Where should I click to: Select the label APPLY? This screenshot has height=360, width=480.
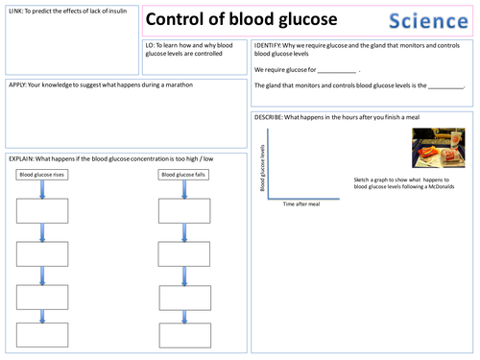click(17, 84)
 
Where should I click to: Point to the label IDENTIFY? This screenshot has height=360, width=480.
click(269, 45)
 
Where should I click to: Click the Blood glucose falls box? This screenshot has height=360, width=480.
click(181, 175)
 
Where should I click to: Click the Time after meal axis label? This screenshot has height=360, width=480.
click(302, 204)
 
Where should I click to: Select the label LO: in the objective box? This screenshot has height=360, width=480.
click(151, 45)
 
